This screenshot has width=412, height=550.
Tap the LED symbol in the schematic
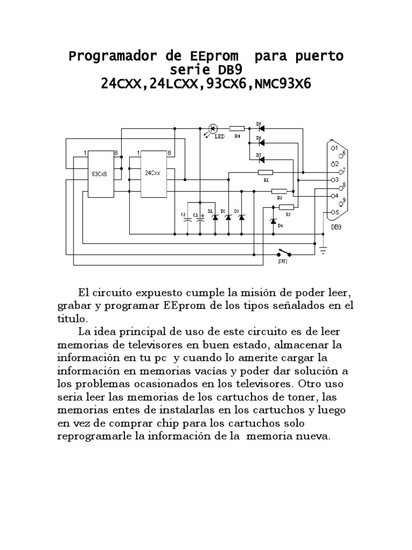coord(212,129)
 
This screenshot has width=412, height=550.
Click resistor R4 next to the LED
coord(237,129)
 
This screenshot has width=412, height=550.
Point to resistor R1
coord(265,172)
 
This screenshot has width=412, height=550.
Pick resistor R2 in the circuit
coord(279,191)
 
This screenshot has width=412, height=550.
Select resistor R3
coord(286,207)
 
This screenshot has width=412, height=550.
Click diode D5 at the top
coord(261,129)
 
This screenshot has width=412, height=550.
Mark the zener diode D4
coord(273,221)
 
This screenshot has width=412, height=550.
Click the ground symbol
coord(322,248)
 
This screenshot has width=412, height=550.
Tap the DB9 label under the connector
coord(336,227)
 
